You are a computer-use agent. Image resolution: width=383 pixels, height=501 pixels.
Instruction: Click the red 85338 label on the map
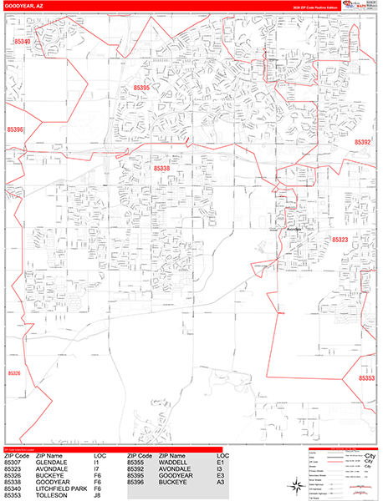pos(162,169)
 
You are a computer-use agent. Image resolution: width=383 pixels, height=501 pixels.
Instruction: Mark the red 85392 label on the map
pos(362,143)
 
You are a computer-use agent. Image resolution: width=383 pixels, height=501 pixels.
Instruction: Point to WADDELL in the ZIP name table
pos(173,462)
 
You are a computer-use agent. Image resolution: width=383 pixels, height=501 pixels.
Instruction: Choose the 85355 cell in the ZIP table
pos(140,462)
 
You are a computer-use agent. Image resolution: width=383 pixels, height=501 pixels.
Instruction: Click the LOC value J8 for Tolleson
pos(98,495)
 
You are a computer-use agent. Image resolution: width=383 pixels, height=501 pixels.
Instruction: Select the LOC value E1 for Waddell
pos(220,462)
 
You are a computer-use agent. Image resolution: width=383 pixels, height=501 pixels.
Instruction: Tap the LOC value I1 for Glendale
pos(97,462)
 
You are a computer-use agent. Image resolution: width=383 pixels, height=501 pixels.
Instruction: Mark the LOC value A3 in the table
pos(220,482)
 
